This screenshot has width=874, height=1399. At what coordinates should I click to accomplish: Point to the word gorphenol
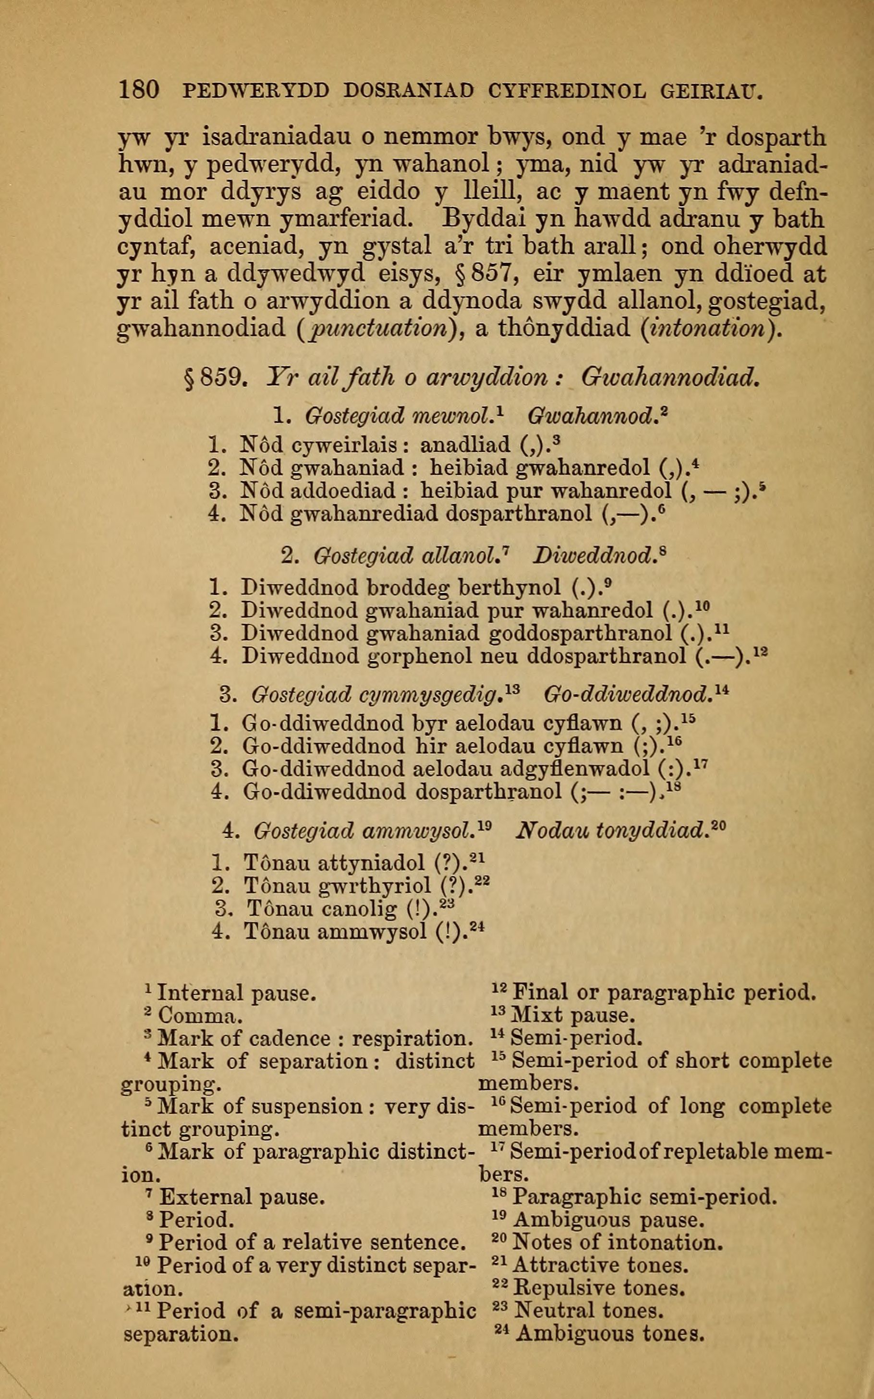(427, 656)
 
